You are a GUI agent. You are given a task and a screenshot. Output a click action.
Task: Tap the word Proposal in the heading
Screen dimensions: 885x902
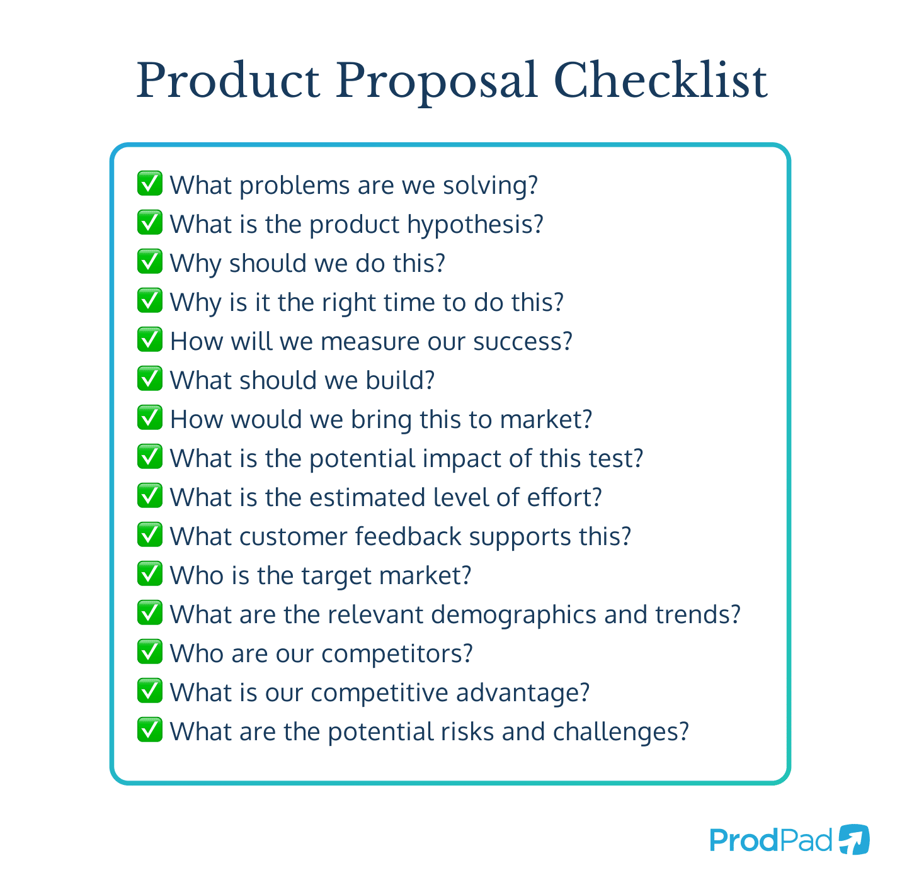coord(436,82)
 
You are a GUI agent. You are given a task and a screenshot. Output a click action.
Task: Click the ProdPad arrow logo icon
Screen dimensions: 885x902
coord(854,840)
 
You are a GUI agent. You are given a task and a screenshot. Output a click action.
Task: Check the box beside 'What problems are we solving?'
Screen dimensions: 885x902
coord(150,184)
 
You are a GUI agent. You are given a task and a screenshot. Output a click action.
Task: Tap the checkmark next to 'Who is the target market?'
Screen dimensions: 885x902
coord(150,574)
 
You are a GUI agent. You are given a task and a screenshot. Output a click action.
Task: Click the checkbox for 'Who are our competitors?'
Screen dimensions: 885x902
coord(150,652)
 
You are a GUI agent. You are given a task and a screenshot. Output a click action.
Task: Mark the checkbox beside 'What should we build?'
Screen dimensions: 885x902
coord(150,379)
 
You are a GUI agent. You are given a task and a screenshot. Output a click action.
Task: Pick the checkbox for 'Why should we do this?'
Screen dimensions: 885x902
coord(150,262)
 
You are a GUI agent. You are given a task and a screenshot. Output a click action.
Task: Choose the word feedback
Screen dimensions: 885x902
coord(408,537)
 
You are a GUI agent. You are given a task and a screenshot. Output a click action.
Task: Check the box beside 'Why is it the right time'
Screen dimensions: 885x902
coord(150,301)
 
